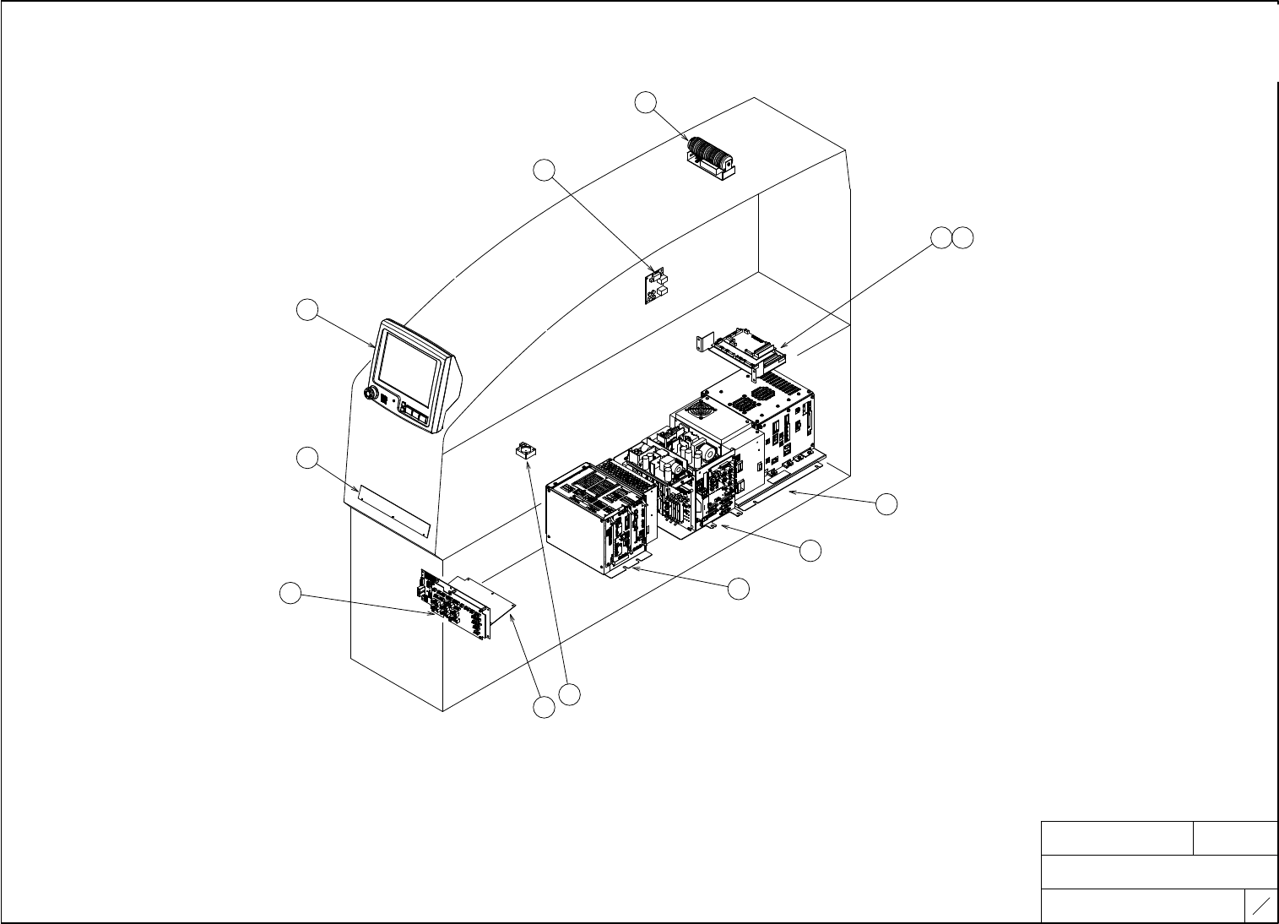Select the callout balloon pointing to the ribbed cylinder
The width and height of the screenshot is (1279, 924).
(x=645, y=102)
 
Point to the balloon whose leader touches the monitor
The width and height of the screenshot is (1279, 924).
(x=308, y=310)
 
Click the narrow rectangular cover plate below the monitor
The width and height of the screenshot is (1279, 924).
(x=394, y=510)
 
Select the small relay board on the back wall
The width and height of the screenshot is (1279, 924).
(x=656, y=285)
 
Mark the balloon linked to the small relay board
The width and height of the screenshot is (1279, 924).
(x=545, y=170)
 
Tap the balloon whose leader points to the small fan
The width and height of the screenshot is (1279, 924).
(x=572, y=695)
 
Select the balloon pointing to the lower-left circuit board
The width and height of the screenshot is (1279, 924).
(x=290, y=594)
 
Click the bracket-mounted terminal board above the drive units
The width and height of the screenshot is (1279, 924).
(x=746, y=347)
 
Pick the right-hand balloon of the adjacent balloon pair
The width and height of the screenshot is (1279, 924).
(x=962, y=238)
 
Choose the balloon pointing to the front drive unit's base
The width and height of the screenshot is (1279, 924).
(x=739, y=589)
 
